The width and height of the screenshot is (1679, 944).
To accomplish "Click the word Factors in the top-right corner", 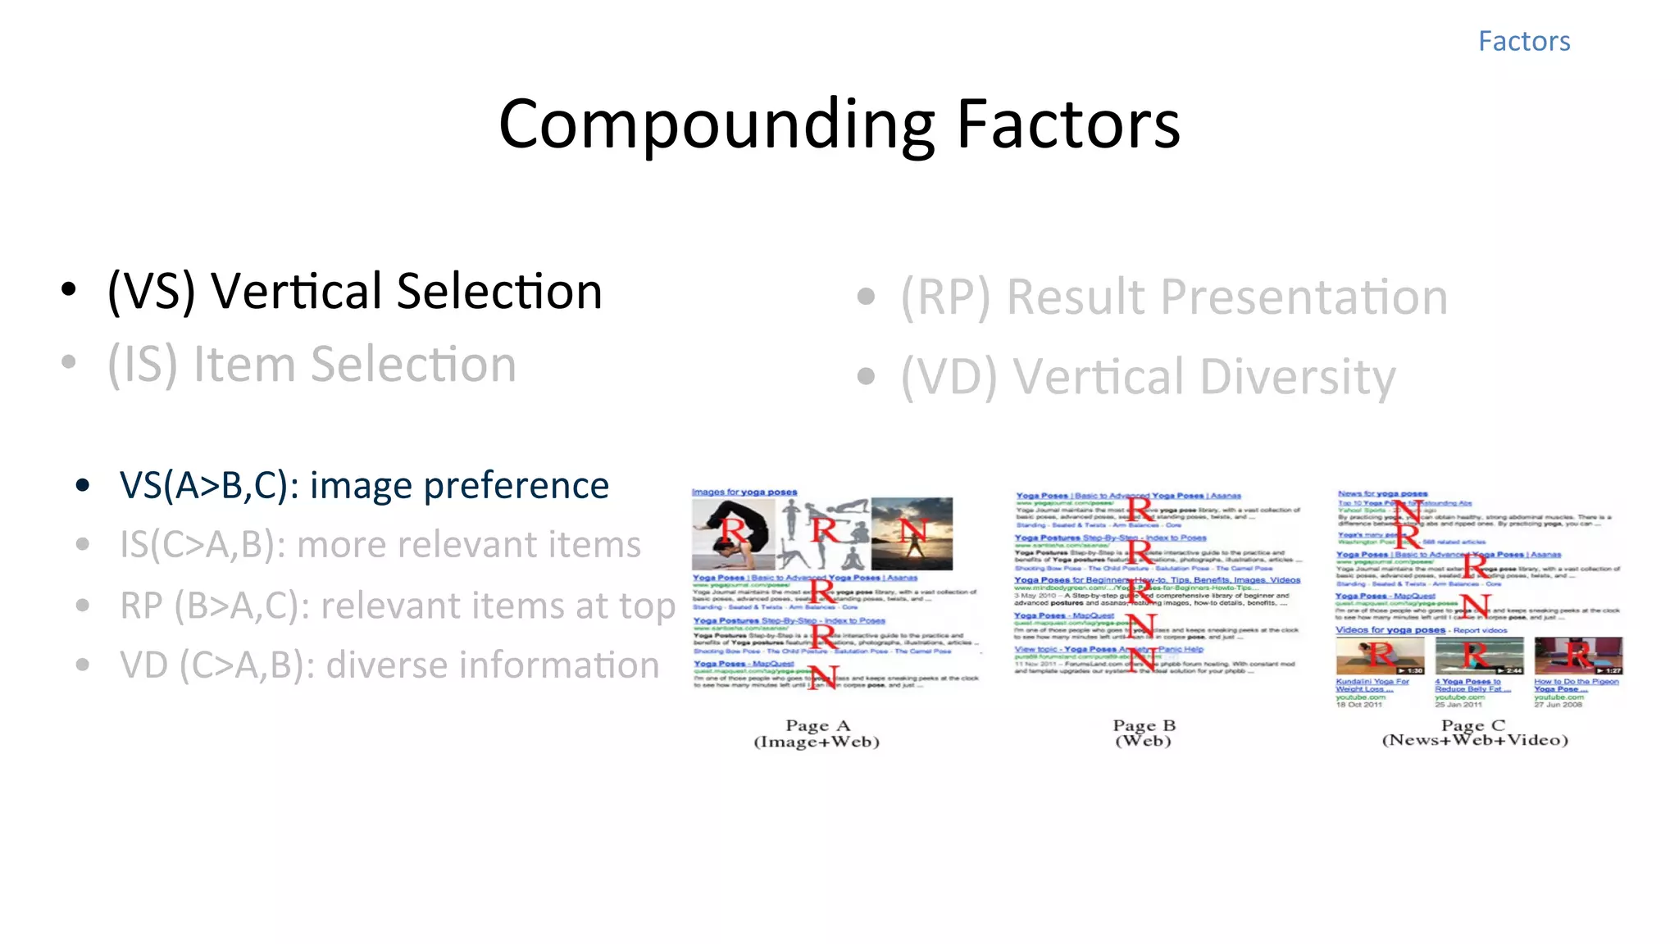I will pyautogui.click(x=1523, y=41).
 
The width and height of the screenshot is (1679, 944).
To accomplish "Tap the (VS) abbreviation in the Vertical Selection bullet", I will pyautogui.click(x=152, y=291).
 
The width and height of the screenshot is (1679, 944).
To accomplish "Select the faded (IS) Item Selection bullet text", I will pyautogui.click(x=312, y=364).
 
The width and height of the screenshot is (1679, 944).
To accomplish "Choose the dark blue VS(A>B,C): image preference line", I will pyautogui.click(x=364, y=486).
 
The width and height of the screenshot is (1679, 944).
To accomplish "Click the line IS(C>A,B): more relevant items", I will pyautogui.click(x=380, y=545).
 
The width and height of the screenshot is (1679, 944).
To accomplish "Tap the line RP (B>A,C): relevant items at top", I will pyautogui.click(x=397, y=606).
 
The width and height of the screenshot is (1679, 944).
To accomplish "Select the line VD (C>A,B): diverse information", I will pyautogui.click(x=389, y=665).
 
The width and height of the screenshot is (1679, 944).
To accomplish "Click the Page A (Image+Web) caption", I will pyautogui.click(x=817, y=733).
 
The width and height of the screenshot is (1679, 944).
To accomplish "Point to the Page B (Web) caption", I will pyautogui.click(x=1144, y=733).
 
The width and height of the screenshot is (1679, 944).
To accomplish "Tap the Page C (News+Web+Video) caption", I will pyautogui.click(x=1474, y=733).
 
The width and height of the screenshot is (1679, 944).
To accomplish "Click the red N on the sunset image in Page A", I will pyautogui.click(x=912, y=531).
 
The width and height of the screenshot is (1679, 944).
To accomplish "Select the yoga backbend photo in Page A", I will pyautogui.click(x=732, y=534).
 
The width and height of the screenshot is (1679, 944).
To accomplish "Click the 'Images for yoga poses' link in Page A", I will pyautogui.click(x=744, y=492).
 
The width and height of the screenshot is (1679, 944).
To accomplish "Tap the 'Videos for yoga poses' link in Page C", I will pyautogui.click(x=1390, y=630).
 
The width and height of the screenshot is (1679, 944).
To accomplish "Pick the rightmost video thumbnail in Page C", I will pyautogui.click(x=1578, y=656).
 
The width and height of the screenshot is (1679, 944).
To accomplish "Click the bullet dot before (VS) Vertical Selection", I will pyautogui.click(x=69, y=289).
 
